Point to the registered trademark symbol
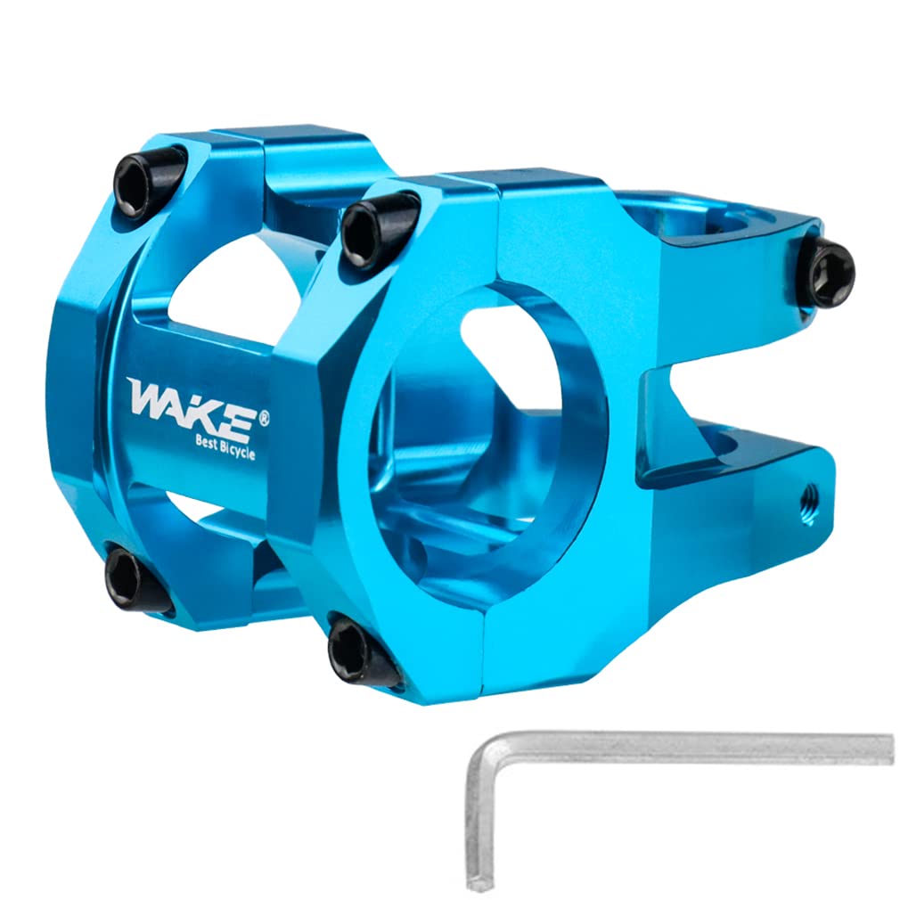(x=264, y=415)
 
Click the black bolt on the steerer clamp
(x=826, y=273)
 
